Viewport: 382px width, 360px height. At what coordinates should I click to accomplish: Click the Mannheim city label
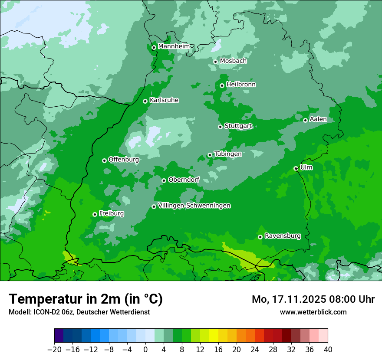point(174,46)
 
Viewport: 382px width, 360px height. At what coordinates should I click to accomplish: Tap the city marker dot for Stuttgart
point(220,127)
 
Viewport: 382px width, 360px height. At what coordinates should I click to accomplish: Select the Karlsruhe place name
point(164,100)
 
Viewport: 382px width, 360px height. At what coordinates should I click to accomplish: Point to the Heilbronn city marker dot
point(222,85)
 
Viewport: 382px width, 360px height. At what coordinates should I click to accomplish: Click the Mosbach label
point(233,61)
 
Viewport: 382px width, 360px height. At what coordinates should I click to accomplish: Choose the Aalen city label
point(318,119)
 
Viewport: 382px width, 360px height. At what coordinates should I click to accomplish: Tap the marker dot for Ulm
point(296,168)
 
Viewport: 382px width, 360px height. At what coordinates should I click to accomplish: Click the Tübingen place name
point(228,154)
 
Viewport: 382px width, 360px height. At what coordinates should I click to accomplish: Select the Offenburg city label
point(124,160)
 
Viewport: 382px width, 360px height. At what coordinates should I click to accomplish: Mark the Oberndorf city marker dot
point(164,180)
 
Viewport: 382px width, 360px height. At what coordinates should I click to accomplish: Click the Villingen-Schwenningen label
point(194,206)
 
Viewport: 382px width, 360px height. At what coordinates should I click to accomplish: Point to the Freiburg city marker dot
point(95,214)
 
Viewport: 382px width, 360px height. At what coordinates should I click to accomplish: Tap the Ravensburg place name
point(283,236)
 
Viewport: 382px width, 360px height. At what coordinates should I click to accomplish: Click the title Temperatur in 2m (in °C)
point(86,299)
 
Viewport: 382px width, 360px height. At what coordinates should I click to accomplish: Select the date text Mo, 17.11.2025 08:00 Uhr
point(313,299)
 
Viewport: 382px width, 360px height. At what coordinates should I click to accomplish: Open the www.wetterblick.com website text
point(313,312)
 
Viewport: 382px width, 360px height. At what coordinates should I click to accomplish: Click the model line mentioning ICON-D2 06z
point(79,312)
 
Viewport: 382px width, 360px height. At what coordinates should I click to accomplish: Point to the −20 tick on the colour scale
point(55,349)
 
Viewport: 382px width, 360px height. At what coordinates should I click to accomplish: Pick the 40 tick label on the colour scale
point(328,349)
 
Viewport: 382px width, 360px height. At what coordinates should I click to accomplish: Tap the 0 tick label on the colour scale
point(145,349)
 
